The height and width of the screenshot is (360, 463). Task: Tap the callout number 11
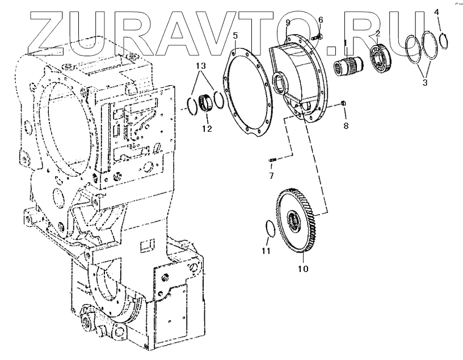[x=266, y=250]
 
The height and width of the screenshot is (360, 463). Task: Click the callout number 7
[x=271, y=175]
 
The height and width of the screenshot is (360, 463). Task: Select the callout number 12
[x=207, y=129]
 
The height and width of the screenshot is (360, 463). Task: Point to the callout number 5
[x=235, y=36]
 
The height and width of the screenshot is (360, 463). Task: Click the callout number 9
[x=288, y=23]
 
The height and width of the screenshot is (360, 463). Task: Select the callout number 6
[x=321, y=20]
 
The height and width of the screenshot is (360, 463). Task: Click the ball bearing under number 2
[x=378, y=53]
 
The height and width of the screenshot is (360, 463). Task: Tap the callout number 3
[x=424, y=82]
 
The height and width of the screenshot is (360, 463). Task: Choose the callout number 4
[x=437, y=11]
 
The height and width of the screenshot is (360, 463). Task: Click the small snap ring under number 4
[x=443, y=39]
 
